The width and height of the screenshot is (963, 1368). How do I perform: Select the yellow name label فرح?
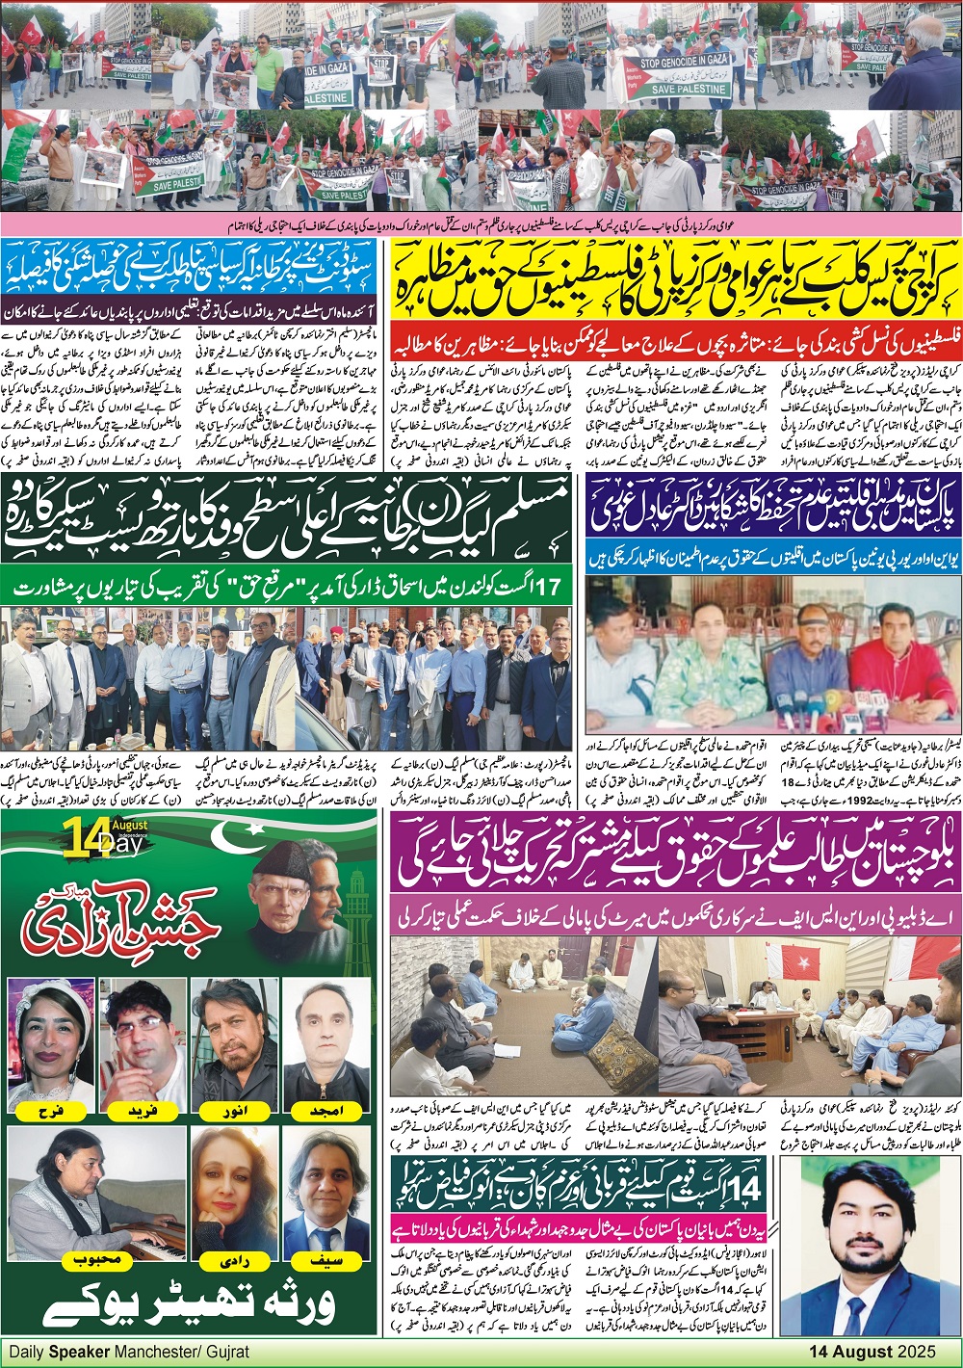point(47,1109)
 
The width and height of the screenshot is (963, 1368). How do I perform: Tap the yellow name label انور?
point(232,1109)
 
